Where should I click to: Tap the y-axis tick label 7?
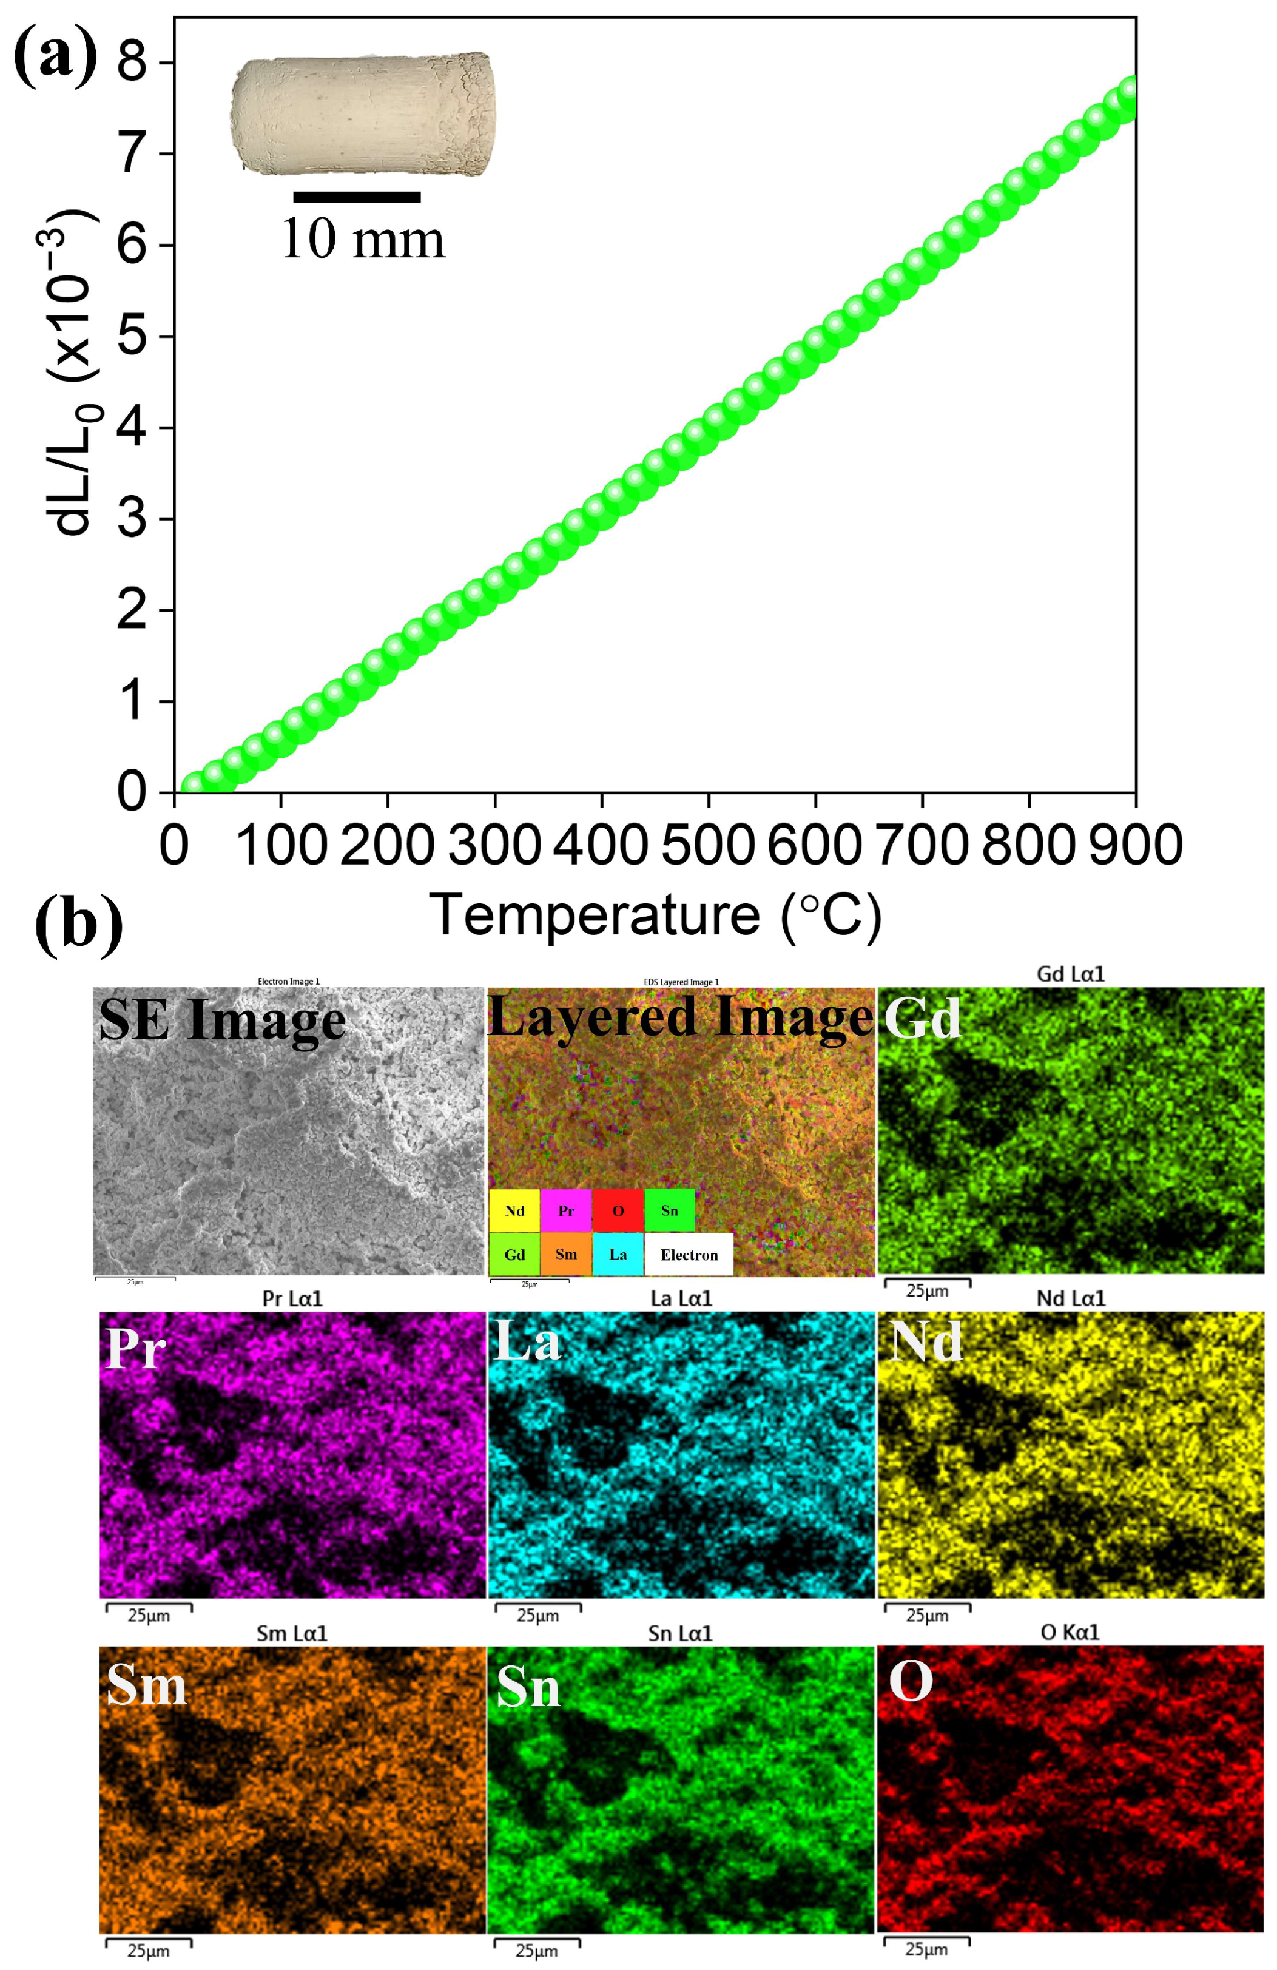[x=132, y=154]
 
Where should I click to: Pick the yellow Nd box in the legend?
[x=514, y=1210]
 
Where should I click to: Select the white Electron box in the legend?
[x=689, y=1254]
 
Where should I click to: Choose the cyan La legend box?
[x=618, y=1254]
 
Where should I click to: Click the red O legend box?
[x=618, y=1210]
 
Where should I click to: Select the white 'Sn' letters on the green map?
[x=528, y=1688]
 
